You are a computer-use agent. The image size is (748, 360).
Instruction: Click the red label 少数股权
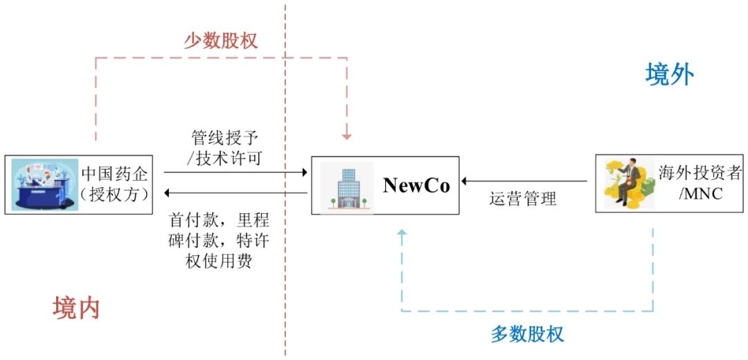coord(220,40)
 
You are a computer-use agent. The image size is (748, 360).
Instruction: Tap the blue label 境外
coord(669,74)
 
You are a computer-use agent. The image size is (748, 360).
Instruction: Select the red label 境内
coord(76,308)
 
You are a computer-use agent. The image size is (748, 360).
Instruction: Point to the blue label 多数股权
coord(527,334)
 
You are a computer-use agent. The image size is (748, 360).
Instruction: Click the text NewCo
coord(416,185)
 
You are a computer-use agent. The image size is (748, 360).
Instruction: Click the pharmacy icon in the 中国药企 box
coord(44,184)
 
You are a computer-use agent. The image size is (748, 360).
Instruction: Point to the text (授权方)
coord(115,195)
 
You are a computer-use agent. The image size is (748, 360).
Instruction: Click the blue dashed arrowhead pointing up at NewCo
coord(402,236)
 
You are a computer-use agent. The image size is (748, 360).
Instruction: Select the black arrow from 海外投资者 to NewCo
coord(526,181)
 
